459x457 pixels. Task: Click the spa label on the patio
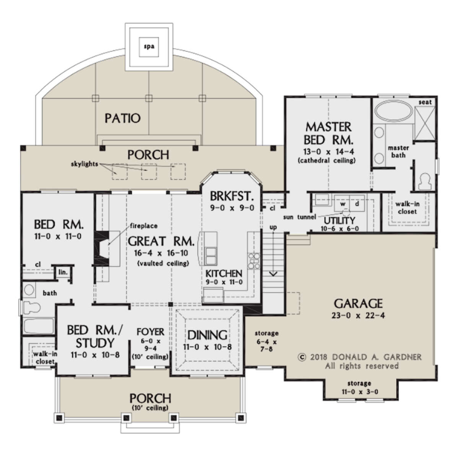tap(149, 47)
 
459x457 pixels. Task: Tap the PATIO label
tap(123, 118)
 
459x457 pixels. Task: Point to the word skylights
tap(84, 164)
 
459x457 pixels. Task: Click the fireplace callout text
tap(144, 226)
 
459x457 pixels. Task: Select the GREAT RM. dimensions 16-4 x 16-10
tap(161, 253)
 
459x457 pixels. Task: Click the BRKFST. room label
tap(232, 196)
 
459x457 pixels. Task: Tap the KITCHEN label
tap(224, 273)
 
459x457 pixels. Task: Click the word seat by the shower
tap(425, 102)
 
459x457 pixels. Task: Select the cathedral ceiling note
tap(327, 161)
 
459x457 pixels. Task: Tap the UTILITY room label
tap(339, 221)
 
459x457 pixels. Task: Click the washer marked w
tap(343, 204)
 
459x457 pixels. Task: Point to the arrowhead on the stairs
tap(273, 274)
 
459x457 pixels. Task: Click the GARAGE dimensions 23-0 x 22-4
tap(358, 316)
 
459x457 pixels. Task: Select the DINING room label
tap(207, 335)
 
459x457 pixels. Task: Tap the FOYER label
tap(150, 332)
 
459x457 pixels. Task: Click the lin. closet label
tap(63, 272)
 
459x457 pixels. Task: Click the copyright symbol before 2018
tap(302, 358)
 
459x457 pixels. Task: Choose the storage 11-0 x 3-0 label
tap(360, 388)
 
